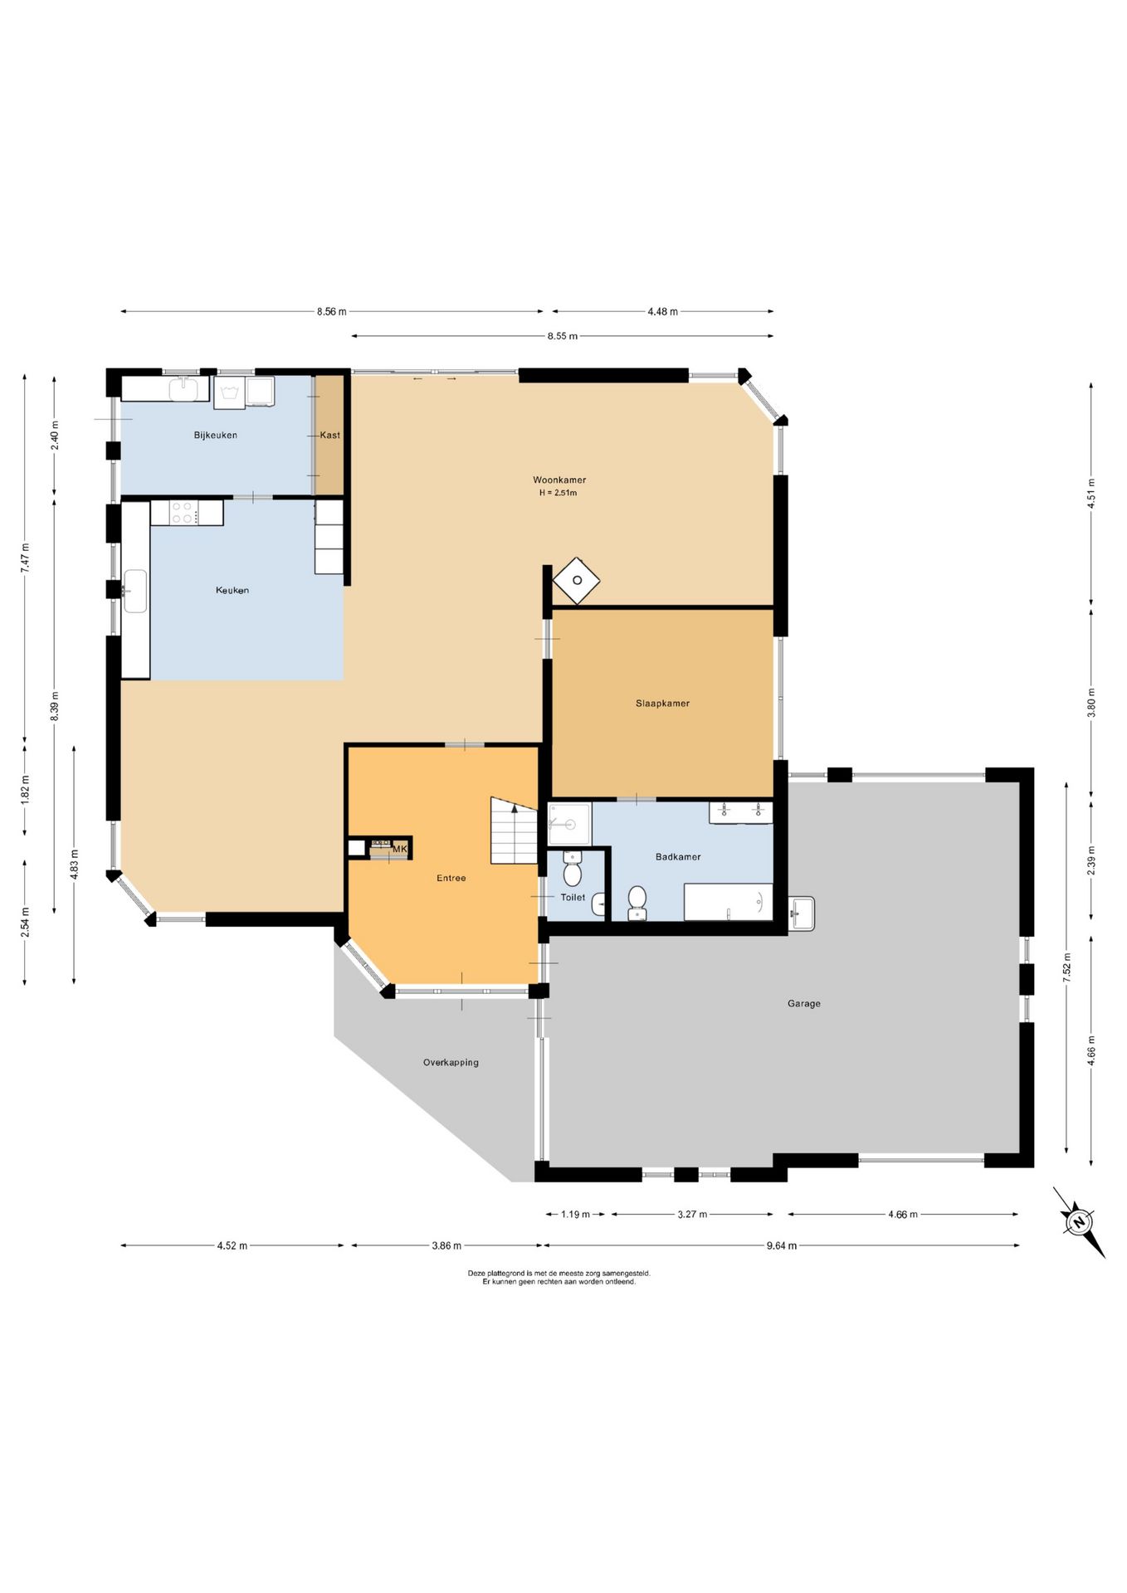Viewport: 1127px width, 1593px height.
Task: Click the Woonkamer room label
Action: click(x=559, y=480)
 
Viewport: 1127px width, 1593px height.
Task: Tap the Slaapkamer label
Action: click(x=662, y=704)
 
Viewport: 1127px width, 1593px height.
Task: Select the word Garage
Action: click(x=803, y=1004)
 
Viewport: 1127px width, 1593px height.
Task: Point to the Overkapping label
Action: click(x=451, y=1063)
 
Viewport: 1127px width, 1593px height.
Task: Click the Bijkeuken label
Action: click(x=216, y=436)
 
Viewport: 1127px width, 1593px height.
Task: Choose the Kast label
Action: click(x=330, y=436)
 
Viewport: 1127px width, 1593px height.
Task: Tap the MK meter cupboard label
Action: click(x=400, y=849)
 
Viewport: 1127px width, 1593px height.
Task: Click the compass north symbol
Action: click(x=1079, y=1222)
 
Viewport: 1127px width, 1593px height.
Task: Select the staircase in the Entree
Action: click(x=514, y=831)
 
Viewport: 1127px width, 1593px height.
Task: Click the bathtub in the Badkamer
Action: click(x=728, y=902)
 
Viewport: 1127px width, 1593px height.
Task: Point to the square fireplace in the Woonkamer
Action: click(x=577, y=580)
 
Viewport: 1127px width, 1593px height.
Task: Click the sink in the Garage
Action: click(x=801, y=913)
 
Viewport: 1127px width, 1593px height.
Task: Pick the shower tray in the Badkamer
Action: click(x=569, y=824)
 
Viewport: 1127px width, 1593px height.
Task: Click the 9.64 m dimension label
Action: click(x=781, y=1245)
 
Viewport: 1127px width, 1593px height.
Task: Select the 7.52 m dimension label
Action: click(x=1066, y=968)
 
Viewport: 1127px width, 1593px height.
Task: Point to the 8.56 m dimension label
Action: click(x=331, y=312)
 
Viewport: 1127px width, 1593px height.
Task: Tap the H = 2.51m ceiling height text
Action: click(x=558, y=493)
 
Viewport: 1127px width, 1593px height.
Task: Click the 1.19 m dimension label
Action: click(x=575, y=1215)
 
